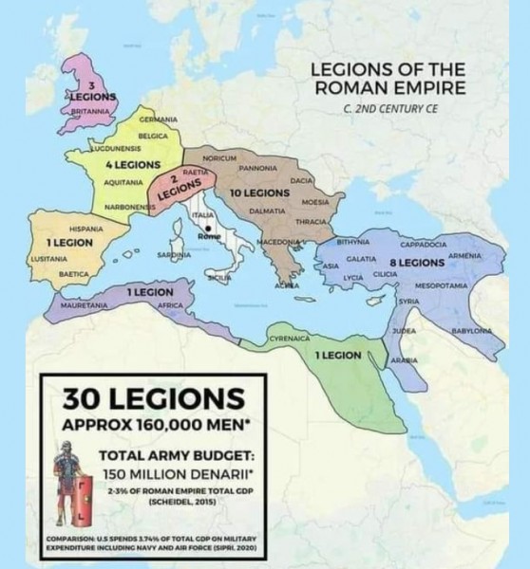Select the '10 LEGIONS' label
(258, 193)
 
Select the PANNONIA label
(257, 167)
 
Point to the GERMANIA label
(158, 119)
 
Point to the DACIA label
(301, 179)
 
